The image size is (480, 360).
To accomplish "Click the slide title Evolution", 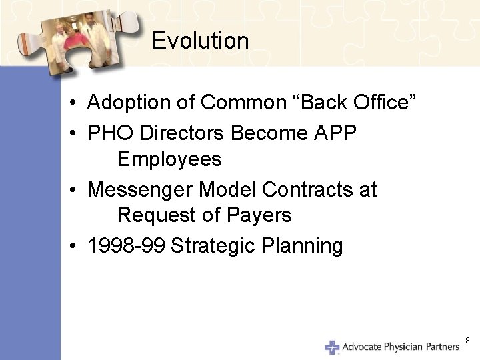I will click(200, 41).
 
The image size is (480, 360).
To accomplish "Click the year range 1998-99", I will click(127, 246).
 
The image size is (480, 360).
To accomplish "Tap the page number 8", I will click(467, 341).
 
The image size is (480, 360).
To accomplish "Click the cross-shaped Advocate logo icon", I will click(332, 347).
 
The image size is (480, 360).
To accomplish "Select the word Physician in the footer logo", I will click(403, 347).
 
